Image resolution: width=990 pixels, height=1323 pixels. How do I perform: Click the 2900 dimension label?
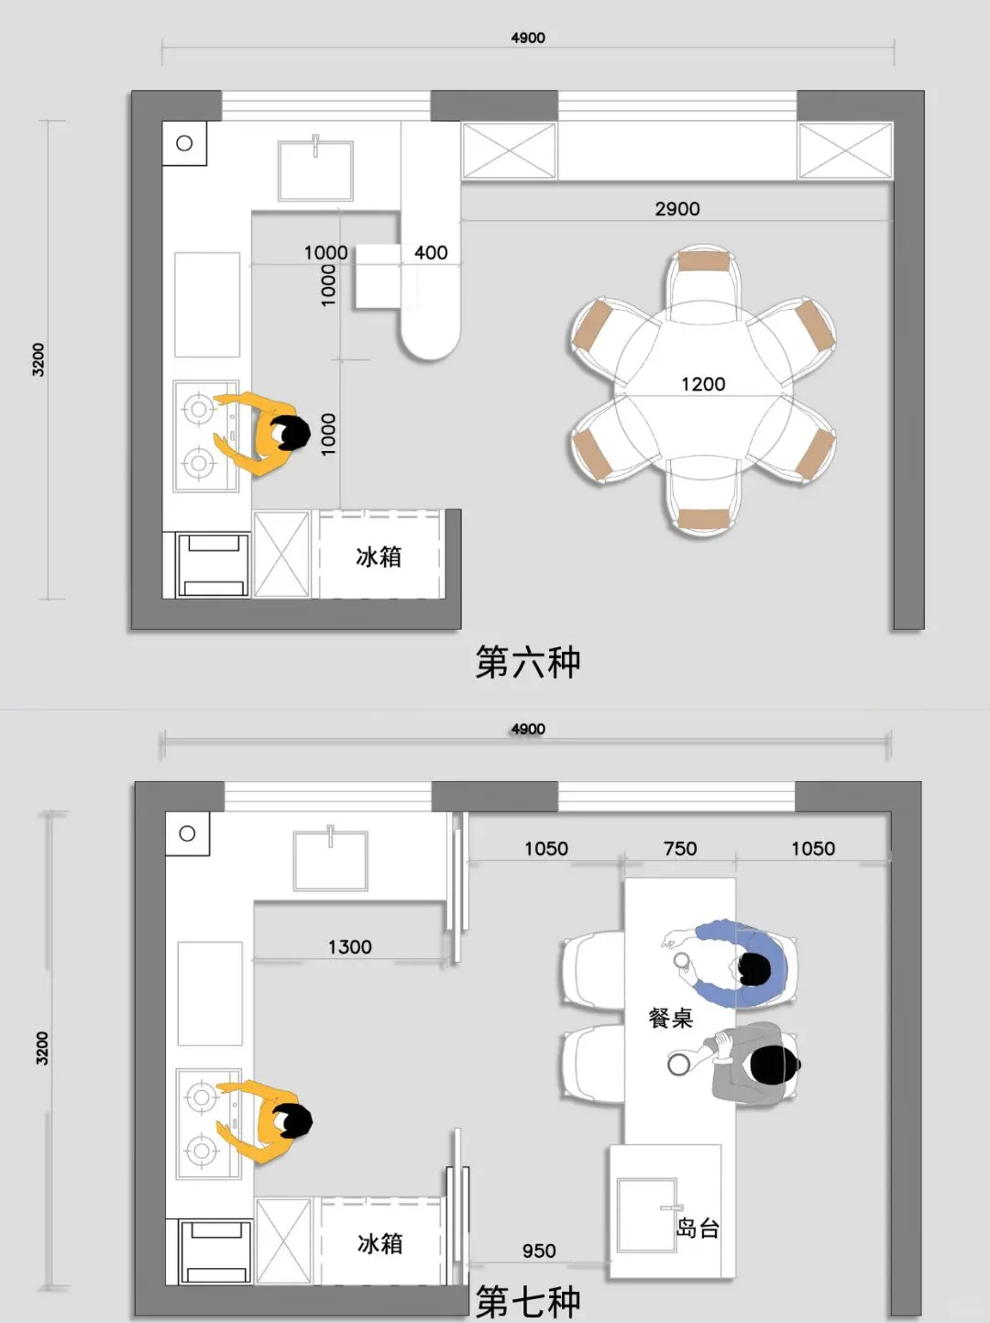tap(677, 209)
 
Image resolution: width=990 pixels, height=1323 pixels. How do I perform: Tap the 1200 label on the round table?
tap(703, 384)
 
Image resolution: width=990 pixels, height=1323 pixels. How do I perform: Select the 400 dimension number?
tap(431, 252)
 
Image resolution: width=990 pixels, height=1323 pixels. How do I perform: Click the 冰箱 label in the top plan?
tap(379, 557)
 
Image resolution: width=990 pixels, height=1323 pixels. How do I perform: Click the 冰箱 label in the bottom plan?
tap(379, 1243)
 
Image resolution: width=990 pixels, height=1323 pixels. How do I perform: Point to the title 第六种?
tap(528, 662)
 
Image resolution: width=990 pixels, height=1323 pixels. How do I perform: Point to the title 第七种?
tap(528, 1302)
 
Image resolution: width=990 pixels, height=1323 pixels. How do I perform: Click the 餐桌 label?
tap(671, 1018)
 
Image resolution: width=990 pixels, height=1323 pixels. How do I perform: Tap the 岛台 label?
tap(698, 1228)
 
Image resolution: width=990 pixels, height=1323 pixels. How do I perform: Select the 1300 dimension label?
tap(349, 947)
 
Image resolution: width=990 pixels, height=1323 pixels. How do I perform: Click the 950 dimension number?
tap(539, 1251)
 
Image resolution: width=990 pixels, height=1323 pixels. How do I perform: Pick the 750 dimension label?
tap(680, 849)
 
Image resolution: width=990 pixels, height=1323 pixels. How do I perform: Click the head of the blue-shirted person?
tap(753, 969)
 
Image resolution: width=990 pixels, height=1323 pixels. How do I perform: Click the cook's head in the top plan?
tap(291, 432)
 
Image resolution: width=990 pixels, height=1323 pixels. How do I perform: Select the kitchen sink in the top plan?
tap(315, 170)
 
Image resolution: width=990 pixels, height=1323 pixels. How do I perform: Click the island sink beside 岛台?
tap(647, 1215)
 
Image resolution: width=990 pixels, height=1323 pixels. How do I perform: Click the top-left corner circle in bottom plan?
tap(187, 833)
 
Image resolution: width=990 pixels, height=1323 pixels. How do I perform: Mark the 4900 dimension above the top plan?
tap(528, 38)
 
